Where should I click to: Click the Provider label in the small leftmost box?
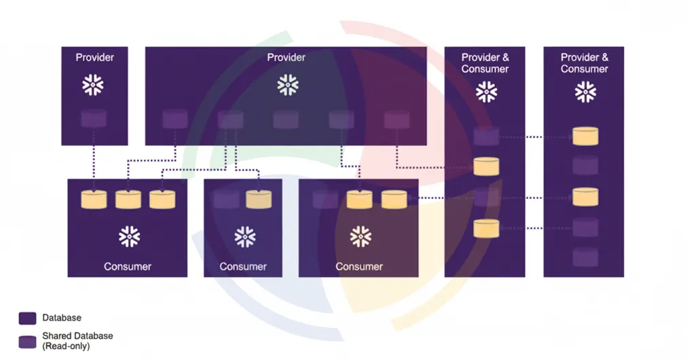(x=94, y=57)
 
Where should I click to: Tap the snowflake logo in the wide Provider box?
(x=287, y=86)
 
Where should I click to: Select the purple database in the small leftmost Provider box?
(x=94, y=119)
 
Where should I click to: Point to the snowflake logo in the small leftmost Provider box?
(x=94, y=86)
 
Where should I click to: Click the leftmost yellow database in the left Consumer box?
(x=94, y=199)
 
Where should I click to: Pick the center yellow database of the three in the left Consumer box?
(x=128, y=199)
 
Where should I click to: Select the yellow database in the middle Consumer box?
(x=258, y=199)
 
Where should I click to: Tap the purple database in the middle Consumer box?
(x=226, y=199)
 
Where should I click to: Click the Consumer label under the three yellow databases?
(x=128, y=266)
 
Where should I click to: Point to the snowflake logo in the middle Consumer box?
(x=244, y=236)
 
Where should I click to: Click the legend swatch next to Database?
(x=28, y=318)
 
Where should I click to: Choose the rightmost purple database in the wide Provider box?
(x=396, y=120)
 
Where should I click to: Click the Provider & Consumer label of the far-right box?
(x=584, y=63)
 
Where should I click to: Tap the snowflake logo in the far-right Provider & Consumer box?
(x=584, y=92)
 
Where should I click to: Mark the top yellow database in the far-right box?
(x=585, y=136)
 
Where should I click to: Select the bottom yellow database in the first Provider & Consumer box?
(x=486, y=228)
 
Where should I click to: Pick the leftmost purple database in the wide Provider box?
(x=174, y=120)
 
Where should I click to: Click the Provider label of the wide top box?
(x=286, y=57)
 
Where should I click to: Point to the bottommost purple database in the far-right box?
(x=585, y=257)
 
